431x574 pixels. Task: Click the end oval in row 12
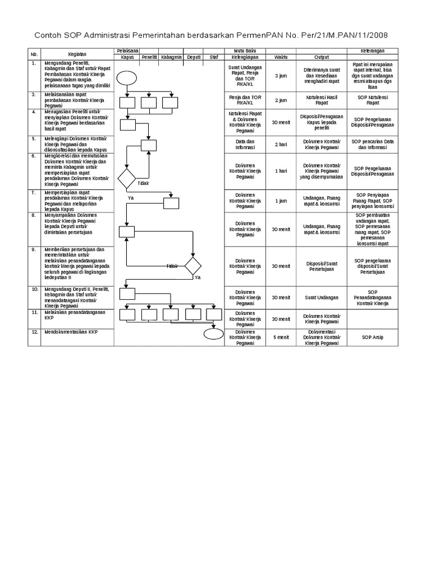213,334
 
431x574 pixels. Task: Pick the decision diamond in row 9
193,266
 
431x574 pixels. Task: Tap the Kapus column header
128,57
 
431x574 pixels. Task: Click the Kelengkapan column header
245,57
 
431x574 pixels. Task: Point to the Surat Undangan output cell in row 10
322,298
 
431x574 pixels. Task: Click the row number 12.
34,332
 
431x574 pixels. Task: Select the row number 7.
34,192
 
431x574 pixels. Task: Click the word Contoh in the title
49,36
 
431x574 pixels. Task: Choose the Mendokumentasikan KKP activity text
70,332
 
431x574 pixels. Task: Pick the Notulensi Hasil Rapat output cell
322,100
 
